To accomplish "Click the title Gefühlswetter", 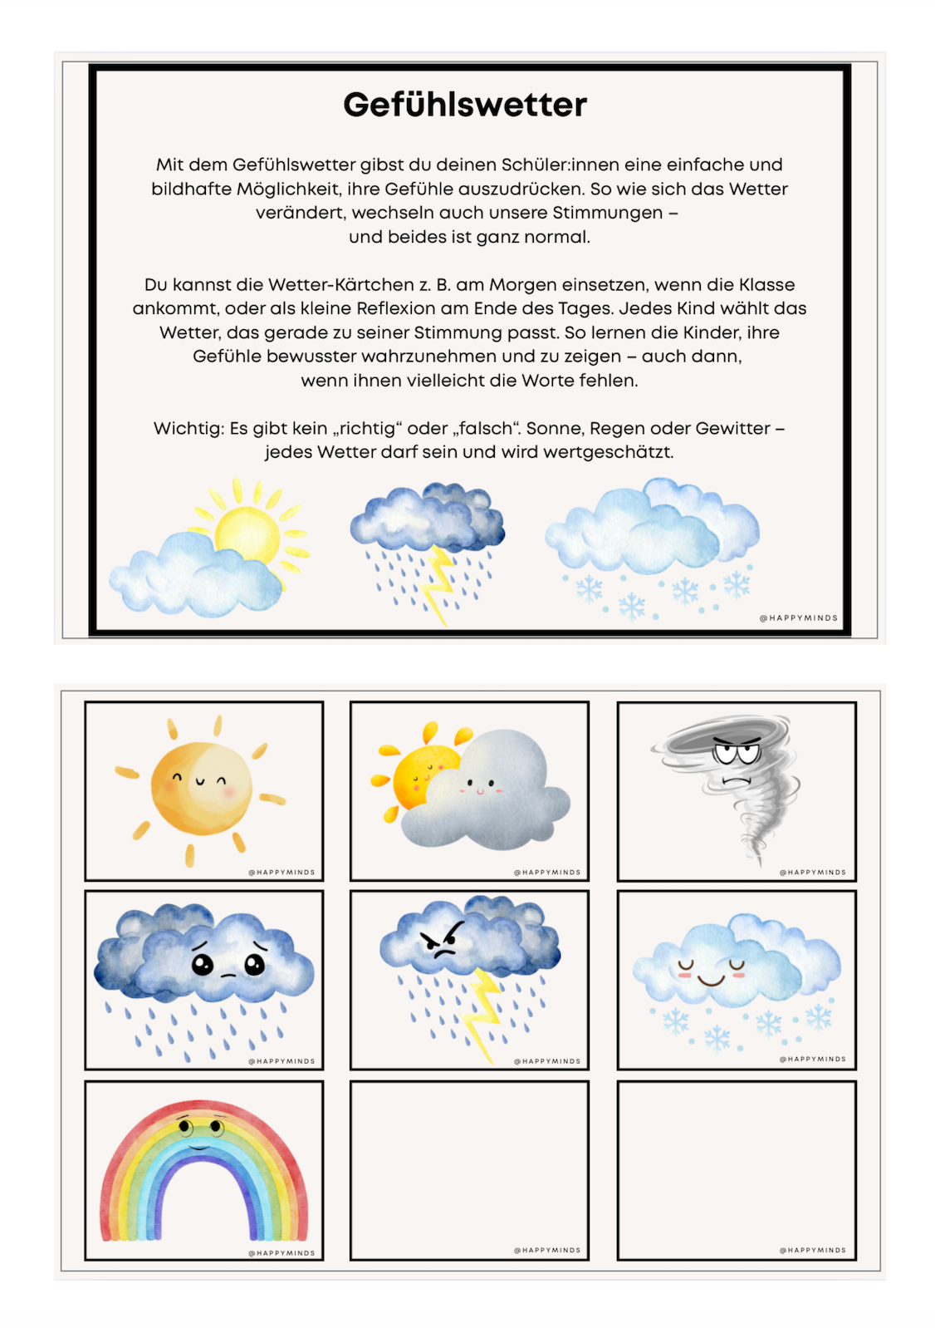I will point(465,105).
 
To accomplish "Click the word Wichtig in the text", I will point(188,429).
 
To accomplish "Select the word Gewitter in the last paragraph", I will point(732,429).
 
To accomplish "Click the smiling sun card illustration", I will point(200,787).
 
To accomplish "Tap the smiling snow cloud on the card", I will point(735,964).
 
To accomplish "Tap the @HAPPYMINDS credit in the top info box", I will point(799,618).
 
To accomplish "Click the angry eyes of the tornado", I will point(736,755).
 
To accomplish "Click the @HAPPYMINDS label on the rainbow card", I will point(281,1253).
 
